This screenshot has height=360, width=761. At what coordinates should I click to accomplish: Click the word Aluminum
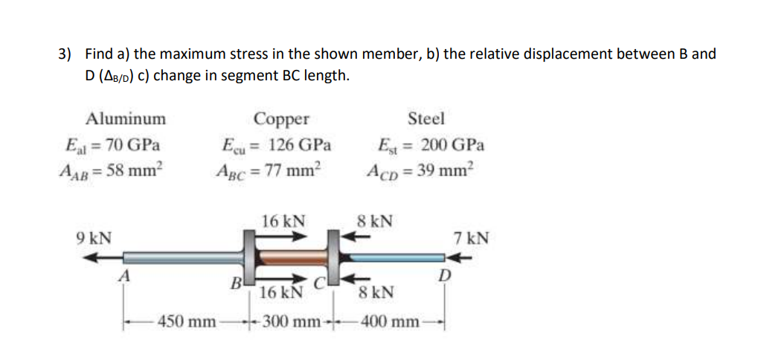click(x=126, y=118)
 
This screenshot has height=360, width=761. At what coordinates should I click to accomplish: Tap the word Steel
click(x=426, y=118)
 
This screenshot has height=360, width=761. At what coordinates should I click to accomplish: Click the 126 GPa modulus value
click(x=300, y=144)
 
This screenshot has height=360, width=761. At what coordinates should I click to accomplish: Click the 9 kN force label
click(x=94, y=238)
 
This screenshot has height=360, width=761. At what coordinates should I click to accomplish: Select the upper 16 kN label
click(x=283, y=221)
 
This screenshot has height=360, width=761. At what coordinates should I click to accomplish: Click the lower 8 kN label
click(x=376, y=292)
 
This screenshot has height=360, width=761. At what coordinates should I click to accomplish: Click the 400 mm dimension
click(x=388, y=322)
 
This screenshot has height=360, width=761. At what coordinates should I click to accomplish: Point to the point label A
click(x=126, y=276)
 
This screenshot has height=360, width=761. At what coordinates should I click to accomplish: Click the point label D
click(x=444, y=277)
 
